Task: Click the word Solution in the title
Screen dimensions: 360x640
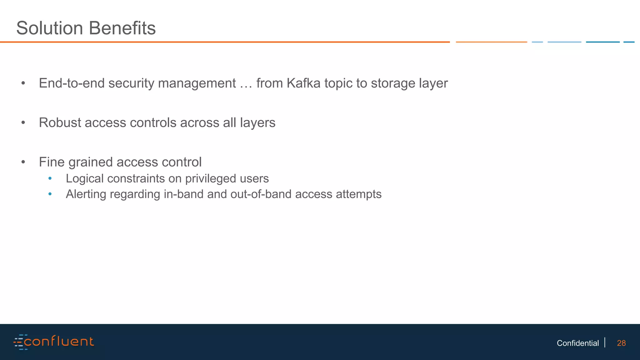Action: pyautogui.click(x=50, y=28)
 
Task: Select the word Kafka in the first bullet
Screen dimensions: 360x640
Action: pyautogui.click(x=303, y=83)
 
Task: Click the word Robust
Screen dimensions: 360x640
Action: pyautogui.click(x=60, y=122)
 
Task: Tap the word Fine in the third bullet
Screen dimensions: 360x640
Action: pyautogui.click(x=52, y=162)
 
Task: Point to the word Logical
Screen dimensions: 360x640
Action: pyautogui.click(x=85, y=179)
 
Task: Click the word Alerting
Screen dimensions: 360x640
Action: pyautogui.click(x=86, y=194)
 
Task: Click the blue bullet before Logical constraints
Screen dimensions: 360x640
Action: pyautogui.click(x=50, y=179)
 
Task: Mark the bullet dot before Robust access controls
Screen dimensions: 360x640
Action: pyautogui.click(x=23, y=123)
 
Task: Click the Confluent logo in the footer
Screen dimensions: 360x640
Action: pyautogui.click(x=54, y=342)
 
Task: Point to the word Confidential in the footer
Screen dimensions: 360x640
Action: pyautogui.click(x=577, y=343)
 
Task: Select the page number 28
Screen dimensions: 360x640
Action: pyautogui.click(x=621, y=343)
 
